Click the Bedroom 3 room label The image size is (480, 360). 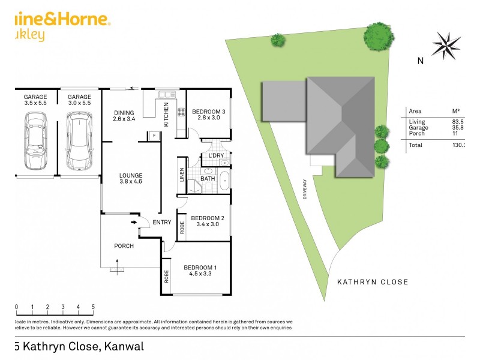208,112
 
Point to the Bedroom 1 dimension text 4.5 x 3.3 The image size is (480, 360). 200,274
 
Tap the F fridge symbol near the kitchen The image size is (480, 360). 154,135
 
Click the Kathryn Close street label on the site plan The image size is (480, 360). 372,282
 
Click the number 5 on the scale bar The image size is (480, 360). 93,307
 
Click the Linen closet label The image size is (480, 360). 182,174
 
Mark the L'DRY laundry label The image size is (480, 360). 215,156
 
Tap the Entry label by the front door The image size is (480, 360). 161,223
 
